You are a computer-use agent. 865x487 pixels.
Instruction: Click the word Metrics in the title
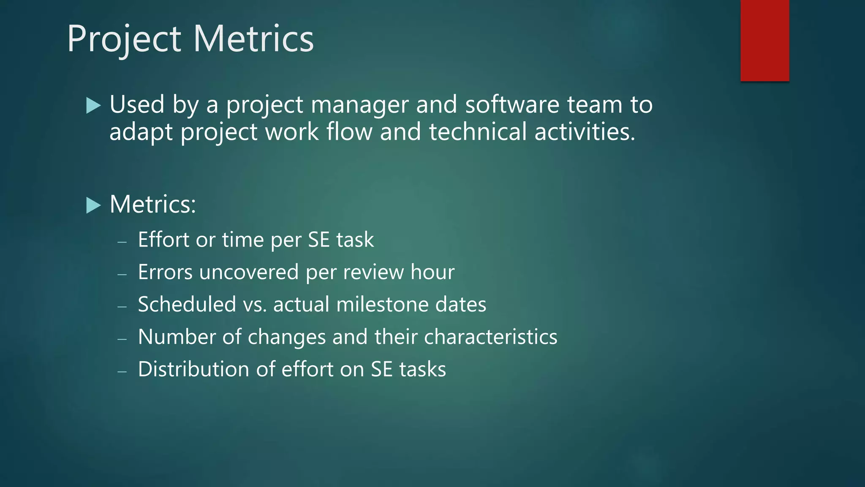(253, 39)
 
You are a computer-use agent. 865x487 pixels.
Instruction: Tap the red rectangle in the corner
(764, 40)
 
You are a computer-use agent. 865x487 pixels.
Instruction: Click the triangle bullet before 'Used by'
(93, 105)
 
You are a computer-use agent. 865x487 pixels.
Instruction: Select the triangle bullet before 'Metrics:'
(93, 205)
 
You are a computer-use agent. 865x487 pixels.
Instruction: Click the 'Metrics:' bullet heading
(152, 205)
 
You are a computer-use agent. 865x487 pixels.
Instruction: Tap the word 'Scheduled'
(187, 304)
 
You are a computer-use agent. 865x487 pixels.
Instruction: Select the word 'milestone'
(382, 304)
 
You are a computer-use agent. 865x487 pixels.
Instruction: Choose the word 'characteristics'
(490, 337)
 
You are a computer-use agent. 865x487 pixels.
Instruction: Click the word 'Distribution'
(193, 369)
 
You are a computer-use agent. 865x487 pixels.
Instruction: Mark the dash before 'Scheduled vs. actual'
(122, 306)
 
